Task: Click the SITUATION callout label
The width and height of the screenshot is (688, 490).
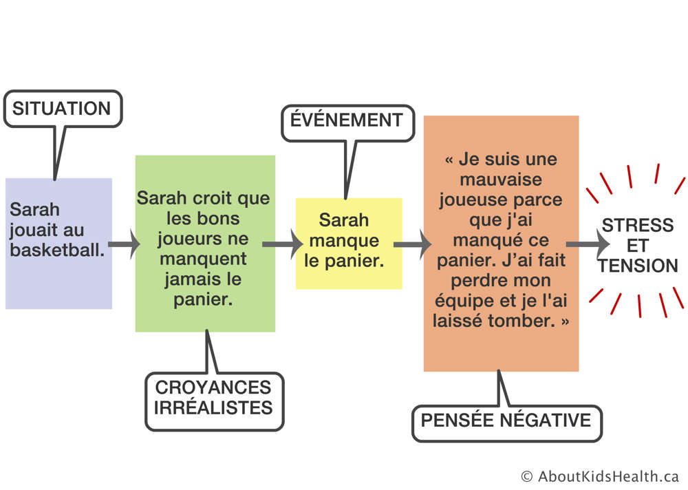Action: (x=63, y=109)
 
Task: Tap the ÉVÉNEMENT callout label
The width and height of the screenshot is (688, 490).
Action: (x=347, y=120)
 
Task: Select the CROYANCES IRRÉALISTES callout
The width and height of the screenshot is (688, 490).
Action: (x=214, y=401)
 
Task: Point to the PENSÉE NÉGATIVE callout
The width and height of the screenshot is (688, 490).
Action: (x=507, y=420)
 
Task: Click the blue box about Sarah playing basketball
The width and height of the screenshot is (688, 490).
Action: (x=58, y=244)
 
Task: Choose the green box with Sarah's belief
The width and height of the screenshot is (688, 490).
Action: (x=205, y=244)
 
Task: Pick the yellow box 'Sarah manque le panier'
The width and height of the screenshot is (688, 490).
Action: (x=349, y=244)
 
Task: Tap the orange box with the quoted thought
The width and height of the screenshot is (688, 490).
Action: (x=501, y=244)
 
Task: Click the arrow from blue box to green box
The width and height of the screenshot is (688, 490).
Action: (x=124, y=244)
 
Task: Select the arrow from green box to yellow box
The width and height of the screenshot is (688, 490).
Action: (x=283, y=244)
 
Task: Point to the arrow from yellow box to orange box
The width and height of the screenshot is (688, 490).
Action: (x=412, y=244)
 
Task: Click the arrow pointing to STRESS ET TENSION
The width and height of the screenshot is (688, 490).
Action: (x=588, y=244)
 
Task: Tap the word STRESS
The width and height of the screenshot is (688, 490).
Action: (x=638, y=225)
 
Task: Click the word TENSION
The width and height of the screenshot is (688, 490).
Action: (x=638, y=266)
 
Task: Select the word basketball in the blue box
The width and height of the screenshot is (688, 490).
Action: (x=57, y=250)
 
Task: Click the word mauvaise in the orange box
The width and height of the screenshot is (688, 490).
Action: (x=501, y=180)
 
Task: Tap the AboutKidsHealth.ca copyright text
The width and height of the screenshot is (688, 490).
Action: (x=600, y=476)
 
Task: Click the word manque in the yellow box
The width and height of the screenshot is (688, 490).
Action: (x=345, y=242)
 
